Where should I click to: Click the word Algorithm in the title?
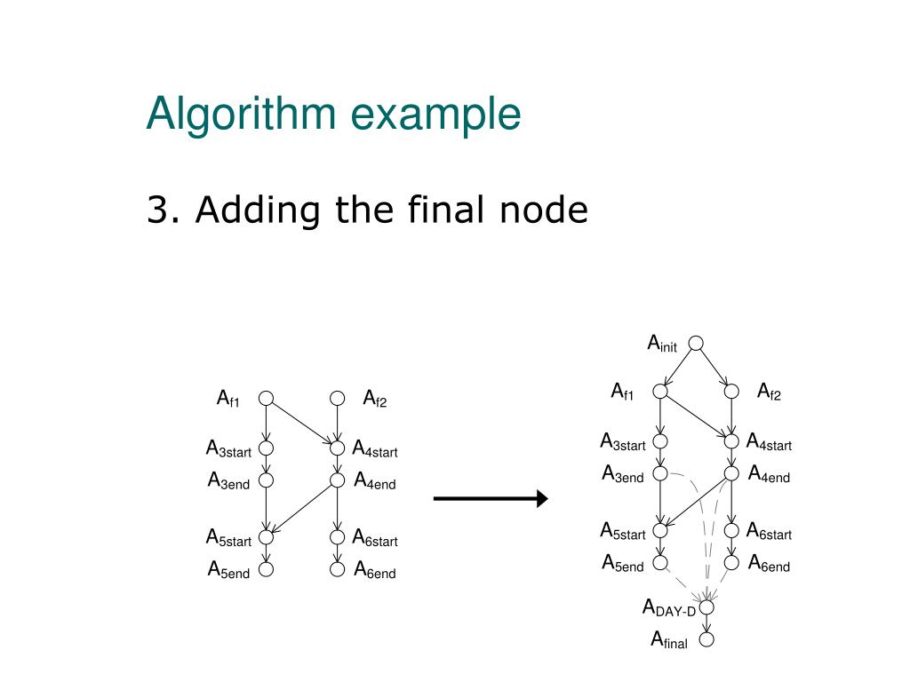(x=241, y=115)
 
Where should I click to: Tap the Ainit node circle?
(x=696, y=343)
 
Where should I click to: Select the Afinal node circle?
(x=707, y=638)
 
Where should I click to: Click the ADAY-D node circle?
(x=707, y=607)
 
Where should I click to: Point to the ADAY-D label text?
(x=669, y=608)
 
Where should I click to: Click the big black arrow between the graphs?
(x=491, y=499)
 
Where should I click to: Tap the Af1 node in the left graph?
(x=266, y=399)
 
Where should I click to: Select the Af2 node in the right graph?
(x=731, y=391)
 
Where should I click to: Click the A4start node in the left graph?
(x=337, y=448)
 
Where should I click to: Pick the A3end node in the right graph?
(x=660, y=474)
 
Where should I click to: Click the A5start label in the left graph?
(x=229, y=538)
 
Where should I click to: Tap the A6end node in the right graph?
(x=731, y=562)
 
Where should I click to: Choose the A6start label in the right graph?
(x=769, y=532)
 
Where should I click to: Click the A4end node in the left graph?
(x=337, y=480)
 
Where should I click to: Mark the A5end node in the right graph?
(x=660, y=562)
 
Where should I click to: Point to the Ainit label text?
(x=662, y=344)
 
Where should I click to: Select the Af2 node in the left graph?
(x=337, y=399)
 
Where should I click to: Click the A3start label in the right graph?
(x=623, y=442)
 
